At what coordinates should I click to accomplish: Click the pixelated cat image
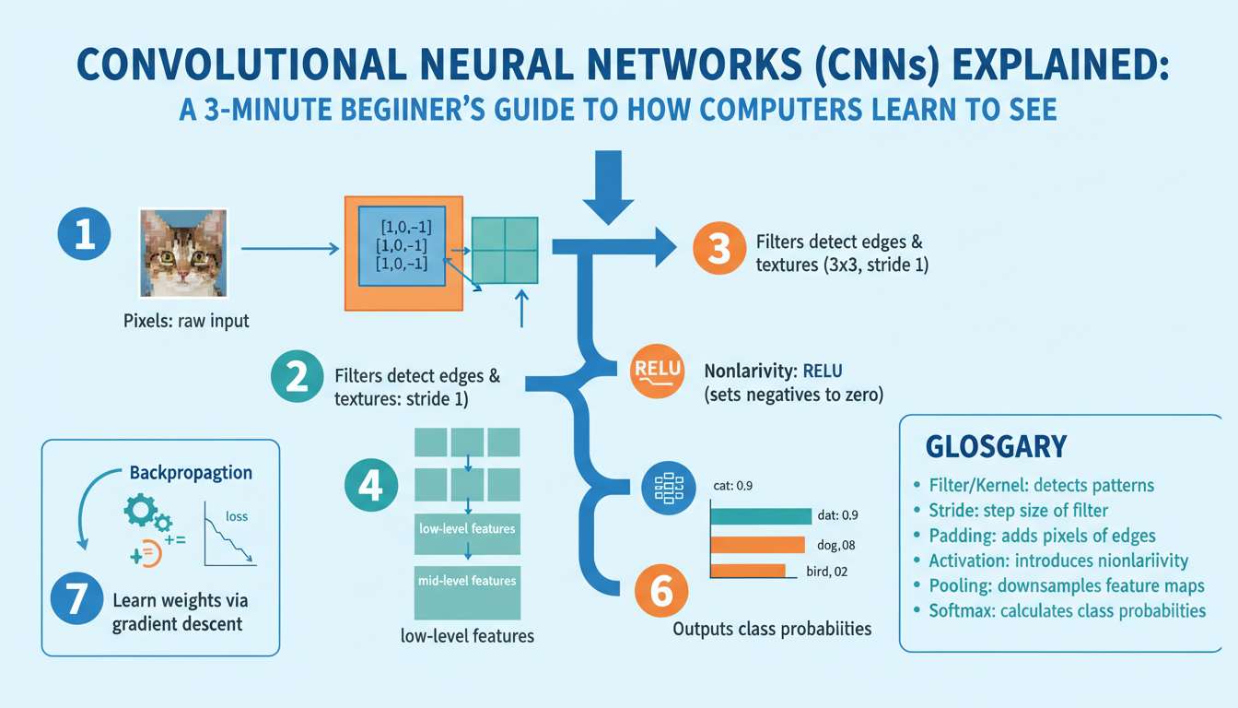[x=182, y=252]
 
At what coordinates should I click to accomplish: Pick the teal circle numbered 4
[x=371, y=484]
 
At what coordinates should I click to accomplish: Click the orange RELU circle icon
[x=658, y=369]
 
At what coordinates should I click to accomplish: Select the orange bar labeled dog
[x=758, y=545]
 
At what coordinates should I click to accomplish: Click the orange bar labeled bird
[x=748, y=572]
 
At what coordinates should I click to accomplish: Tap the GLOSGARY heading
[x=997, y=447]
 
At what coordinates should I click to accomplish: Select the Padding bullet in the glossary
[x=952, y=535]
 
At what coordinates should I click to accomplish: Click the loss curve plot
[x=229, y=535]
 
